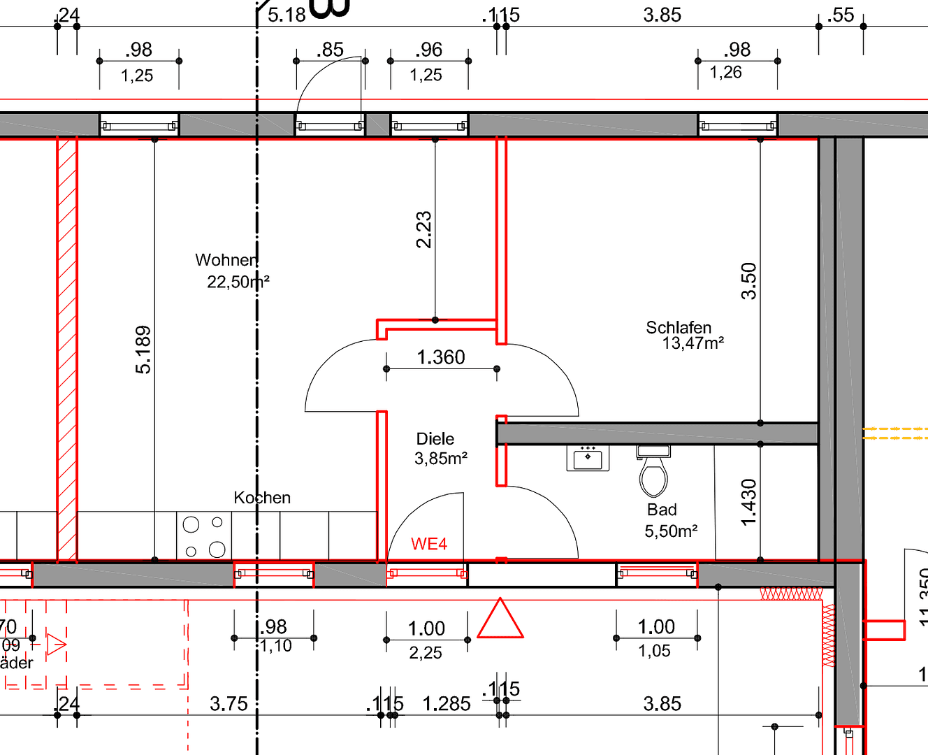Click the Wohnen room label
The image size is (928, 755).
click(226, 260)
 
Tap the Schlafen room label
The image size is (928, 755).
click(678, 327)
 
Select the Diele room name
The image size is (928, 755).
click(435, 439)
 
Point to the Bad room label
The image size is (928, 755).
click(661, 510)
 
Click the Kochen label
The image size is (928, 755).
click(262, 498)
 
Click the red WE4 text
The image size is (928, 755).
click(428, 544)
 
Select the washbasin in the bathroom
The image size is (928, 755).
click(588, 458)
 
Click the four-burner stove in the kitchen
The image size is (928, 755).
click(204, 535)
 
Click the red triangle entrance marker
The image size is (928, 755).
click(500, 620)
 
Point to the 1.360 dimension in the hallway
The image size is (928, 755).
click(441, 357)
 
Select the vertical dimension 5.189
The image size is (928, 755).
click(143, 350)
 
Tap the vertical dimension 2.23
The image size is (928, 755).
click(424, 230)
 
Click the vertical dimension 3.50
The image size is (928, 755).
click(749, 281)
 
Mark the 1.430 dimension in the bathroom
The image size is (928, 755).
click(749, 503)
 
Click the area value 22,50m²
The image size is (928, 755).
click(238, 282)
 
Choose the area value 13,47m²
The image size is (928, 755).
click(693, 343)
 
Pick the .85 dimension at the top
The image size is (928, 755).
click(330, 50)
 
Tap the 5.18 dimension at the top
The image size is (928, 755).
click(287, 15)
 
